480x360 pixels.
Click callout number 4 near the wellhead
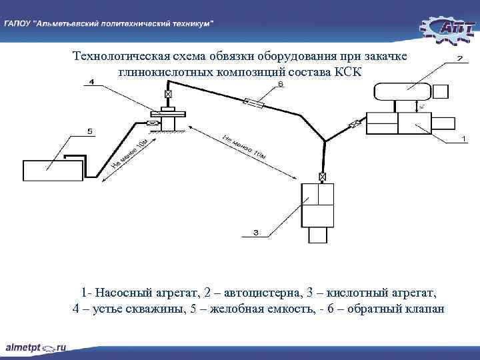point(91,81)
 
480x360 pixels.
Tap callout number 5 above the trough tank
point(90,131)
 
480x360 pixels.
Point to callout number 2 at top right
point(459,59)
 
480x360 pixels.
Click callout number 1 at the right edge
point(463,139)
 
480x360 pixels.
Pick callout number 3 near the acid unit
point(256,233)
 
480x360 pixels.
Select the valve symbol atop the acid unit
point(323,177)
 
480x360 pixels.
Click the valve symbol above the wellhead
point(167,95)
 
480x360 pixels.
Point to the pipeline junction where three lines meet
point(324,141)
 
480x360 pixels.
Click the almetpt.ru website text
point(36,347)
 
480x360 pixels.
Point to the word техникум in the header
point(188,23)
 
